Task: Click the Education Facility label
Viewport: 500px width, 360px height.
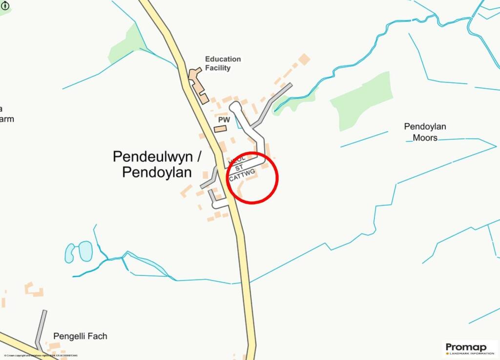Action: (223, 64)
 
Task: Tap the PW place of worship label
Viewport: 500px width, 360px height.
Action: (224, 120)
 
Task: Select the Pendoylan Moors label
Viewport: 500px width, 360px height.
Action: (425, 132)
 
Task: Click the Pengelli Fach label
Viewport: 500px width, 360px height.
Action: (80, 336)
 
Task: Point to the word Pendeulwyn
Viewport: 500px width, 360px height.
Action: (152, 157)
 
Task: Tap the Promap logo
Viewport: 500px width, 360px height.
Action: (469, 348)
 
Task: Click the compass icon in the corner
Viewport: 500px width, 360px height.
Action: (6, 6)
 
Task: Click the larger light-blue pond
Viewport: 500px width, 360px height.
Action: (85, 251)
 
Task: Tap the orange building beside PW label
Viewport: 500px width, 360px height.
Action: (221, 129)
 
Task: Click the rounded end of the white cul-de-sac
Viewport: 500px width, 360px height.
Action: (235, 106)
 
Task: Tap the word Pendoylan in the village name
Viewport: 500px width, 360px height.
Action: (157, 172)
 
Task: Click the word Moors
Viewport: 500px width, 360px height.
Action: (425, 138)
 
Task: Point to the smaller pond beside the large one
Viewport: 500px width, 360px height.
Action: (70, 253)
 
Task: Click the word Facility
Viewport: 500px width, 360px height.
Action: (218, 68)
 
